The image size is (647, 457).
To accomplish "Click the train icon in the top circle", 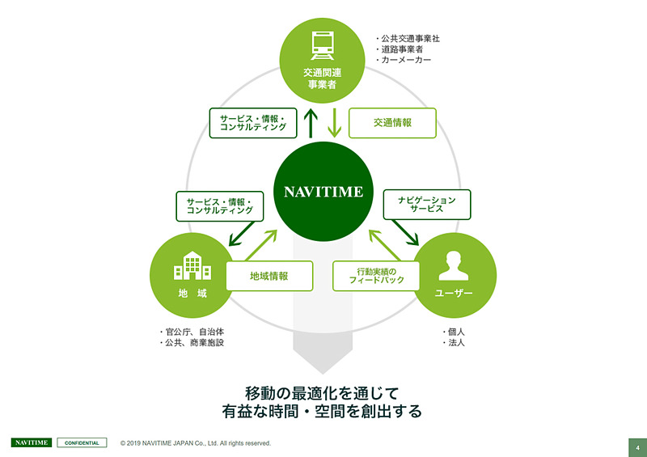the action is pyautogui.click(x=322, y=46).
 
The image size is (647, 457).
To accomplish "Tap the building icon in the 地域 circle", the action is pyautogui.click(x=192, y=266).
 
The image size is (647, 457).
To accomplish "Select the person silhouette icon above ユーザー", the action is pyautogui.click(x=454, y=266).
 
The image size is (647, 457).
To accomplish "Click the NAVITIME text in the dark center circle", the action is pyautogui.click(x=323, y=192).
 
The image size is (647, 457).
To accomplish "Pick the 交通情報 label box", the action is pyautogui.click(x=392, y=123).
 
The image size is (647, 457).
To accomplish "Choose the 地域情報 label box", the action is pyautogui.click(x=269, y=276).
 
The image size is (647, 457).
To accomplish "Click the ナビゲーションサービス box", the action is pyautogui.click(x=427, y=205).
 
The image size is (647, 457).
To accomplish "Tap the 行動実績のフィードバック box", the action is pyautogui.click(x=376, y=276).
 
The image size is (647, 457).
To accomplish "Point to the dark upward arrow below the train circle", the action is pyautogui.click(x=311, y=124).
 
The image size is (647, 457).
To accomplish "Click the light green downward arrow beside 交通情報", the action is pyautogui.click(x=335, y=123).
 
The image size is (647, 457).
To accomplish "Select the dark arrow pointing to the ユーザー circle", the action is pyautogui.click(x=406, y=232).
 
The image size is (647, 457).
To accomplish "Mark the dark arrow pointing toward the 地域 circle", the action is pyautogui.click(x=242, y=234).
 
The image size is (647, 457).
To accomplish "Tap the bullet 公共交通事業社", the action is pyautogui.click(x=408, y=39).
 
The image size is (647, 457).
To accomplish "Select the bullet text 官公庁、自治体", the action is pyautogui.click(x=192, y=332).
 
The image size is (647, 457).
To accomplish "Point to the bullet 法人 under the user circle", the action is pyautogui.click(x=453, y=343).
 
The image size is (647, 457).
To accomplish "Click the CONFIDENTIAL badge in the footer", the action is pyautogui.click(x=82, y=443).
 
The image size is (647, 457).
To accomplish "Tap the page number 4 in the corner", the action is pyautogui.click(x=637, y=448).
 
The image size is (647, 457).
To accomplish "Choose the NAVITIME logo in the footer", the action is pyautogui.click(x=32, y=443).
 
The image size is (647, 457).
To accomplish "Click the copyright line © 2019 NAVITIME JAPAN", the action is pyautogui.click(x=196, y=443).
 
